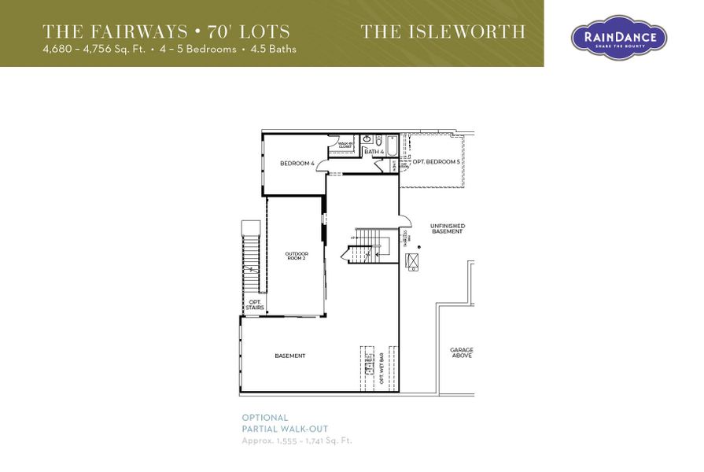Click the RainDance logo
click(x=618, y=37)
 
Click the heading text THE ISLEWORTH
click(x=443, y=32)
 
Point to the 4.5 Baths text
click(x=273, y=49)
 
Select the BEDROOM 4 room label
click(x=297, y=164)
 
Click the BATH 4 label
click(x=374, y=151)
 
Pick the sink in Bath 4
click(x=367, y=140)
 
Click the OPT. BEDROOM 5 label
click(x=436, y=162)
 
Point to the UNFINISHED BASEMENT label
click(x=447, y=229)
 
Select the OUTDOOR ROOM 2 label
click(x=297, y=256)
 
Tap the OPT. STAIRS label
click(x=255, y=304)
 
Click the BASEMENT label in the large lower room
click(x=290, y=356)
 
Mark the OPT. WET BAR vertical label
click(x=381, y=367)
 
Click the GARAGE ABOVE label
click(x=462, y=352)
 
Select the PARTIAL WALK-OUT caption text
click(x=285, y=429)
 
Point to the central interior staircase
click(x=367, y=243)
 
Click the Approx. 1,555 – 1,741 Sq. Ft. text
click(x=297, y=441)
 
